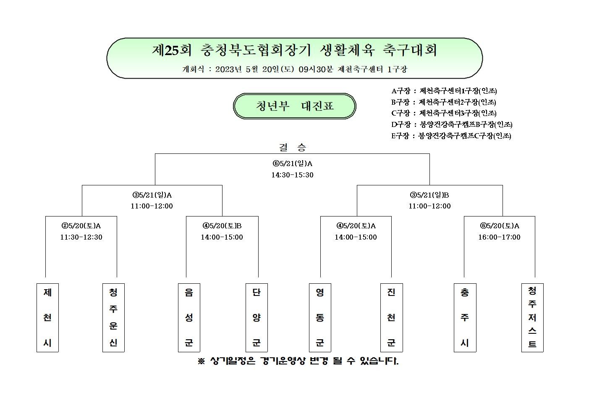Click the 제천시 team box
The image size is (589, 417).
47,318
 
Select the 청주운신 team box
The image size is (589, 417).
113,318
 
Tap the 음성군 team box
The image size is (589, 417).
189,318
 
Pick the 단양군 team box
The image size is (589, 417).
257,318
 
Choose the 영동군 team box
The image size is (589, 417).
320,318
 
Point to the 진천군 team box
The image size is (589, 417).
392,318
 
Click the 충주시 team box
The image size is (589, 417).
465,318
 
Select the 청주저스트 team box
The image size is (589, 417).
532,318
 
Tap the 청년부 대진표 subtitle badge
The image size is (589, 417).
295,106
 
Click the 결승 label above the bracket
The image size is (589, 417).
292,147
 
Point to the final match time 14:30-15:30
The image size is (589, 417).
292,175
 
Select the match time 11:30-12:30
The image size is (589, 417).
81,237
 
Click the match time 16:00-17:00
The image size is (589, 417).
499,237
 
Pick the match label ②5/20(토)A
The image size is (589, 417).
81,226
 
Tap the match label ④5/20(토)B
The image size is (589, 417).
222,226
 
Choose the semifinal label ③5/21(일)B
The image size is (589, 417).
429,195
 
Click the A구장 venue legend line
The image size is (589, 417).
444,91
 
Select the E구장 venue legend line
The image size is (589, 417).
451,136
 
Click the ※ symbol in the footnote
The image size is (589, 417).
201,361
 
